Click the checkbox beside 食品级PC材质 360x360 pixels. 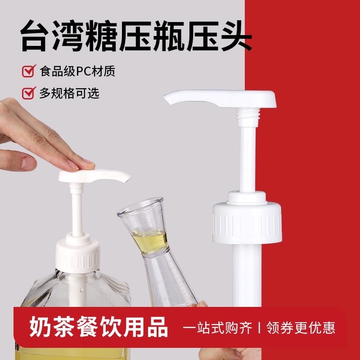(29, 71)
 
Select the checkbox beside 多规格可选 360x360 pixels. (29, 93)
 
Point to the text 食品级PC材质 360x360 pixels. (77, 71)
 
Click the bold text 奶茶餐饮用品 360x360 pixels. (99, 327)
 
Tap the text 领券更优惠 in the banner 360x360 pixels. (301, 328)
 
